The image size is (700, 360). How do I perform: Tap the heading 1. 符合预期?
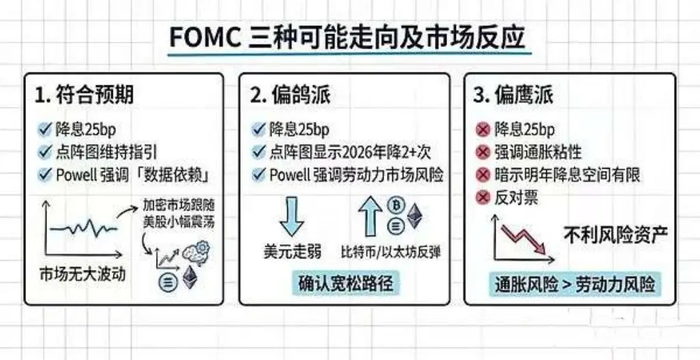pos(84,94)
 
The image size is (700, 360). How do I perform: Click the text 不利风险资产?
pos(615,235)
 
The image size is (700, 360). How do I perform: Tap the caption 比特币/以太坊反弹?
pos(391,252)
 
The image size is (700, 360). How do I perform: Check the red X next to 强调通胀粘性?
pos(483,152)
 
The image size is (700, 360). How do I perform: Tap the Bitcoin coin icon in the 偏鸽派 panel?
pos(395,205)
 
